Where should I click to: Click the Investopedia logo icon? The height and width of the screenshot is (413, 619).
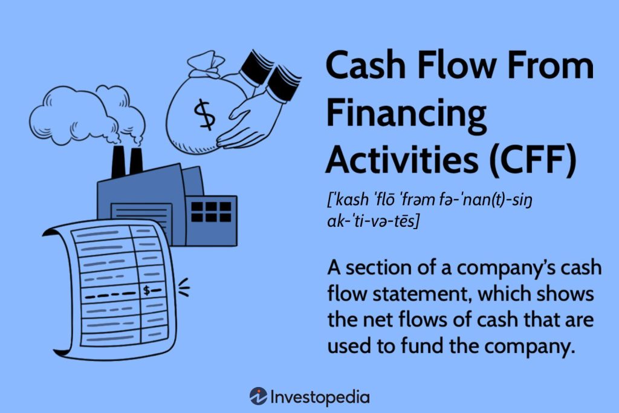(258, 397)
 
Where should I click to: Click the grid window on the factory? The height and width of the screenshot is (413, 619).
(211, 212)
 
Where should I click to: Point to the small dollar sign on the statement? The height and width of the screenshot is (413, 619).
(147, 291)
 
